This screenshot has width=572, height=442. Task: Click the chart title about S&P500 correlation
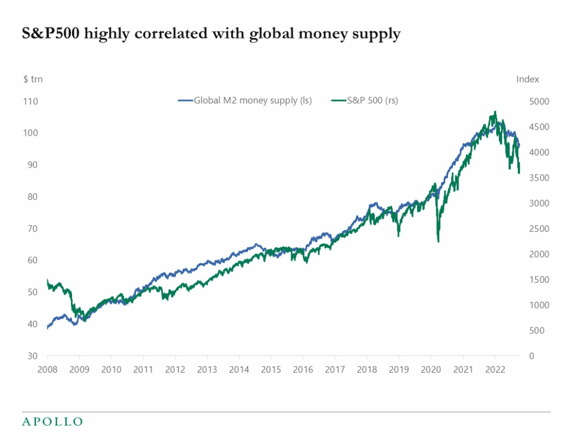coord(211,34)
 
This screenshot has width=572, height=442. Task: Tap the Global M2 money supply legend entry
coord(245,101)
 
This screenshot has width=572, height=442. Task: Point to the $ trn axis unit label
coord(32,79)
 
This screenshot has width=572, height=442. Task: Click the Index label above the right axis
coord(527,79)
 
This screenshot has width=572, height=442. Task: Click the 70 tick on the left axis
coord(32,229)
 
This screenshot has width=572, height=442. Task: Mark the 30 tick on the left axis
coord(32,356)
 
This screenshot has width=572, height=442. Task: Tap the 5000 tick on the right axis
coord(540,101)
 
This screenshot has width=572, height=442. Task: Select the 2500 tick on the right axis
coord(540,229)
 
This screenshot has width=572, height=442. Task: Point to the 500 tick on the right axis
coord(537,331)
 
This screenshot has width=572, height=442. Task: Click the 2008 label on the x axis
coord(47,370)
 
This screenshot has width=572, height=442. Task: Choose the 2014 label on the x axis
coord(239,370)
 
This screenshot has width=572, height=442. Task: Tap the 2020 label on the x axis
coord(431,370)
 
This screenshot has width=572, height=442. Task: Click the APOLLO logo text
coord(52,421)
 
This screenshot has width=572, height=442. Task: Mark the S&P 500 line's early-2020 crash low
coord(438,241)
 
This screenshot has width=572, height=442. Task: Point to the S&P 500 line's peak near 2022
coord(495,112)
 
